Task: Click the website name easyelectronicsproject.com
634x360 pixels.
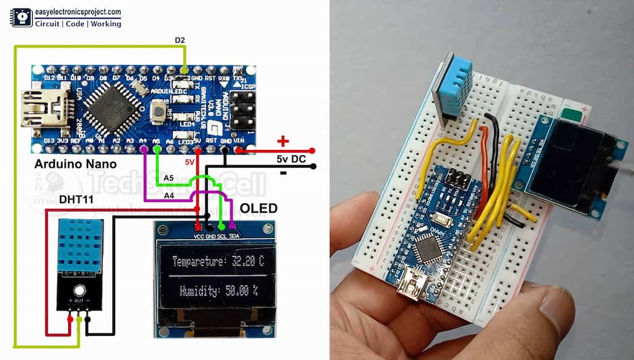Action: tap(77, 12)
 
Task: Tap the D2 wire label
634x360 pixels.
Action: tap(180, 41)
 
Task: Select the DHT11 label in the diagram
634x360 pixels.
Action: tap(76, 200)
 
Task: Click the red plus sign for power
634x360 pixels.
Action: tap(283, 141)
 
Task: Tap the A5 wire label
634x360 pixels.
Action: tap(168, 178)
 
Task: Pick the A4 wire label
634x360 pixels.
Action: tap(168, 196)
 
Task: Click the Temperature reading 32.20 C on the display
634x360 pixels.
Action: tap(218, 261)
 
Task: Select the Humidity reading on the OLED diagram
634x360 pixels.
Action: tap(219, 290)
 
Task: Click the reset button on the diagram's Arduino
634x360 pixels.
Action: tap(160, 112)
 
